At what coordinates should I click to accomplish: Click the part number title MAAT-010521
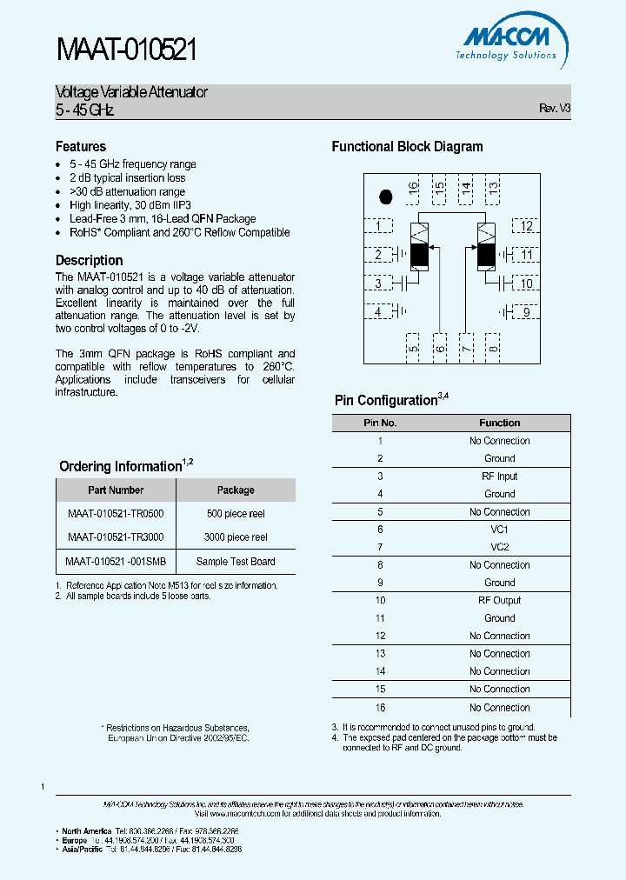click(x=127, y=50)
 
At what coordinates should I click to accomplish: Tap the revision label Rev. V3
click(x=555, y=109)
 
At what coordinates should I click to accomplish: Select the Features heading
click(x=81, y=147)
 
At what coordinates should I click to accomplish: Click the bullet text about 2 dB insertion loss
click(x=128, y=178)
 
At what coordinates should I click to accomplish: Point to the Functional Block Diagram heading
click(x=407, y=147)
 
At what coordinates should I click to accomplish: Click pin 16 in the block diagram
click(x=414, y=187)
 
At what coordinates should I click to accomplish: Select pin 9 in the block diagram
click(x=526, y=312)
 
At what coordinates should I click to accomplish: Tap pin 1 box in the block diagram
click(x=378, y=227)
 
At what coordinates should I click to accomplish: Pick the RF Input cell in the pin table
click(x=499, y=477)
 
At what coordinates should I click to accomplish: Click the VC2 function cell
click(x=499, y=547)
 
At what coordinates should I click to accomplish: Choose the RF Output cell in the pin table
click(x=499, y=600)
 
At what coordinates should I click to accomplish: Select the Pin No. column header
click(x=380, y=423)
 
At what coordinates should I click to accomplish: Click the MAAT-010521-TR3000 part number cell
click(x=116, y=537)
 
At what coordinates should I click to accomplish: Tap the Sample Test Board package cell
click(x=236, y=562)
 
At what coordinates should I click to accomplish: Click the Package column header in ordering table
click(x=236, y=490)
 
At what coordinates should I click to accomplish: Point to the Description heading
click(x=90, y=261)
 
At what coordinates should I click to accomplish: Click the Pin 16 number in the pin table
click(x=380, y=708)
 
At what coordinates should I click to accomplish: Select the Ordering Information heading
click(x=120, y=467)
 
